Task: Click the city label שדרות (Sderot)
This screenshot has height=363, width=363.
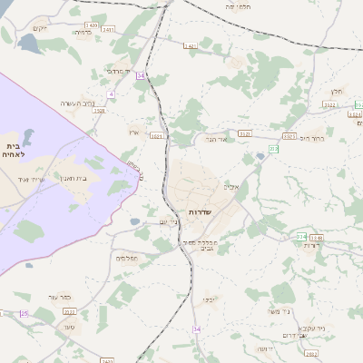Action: (200, 211)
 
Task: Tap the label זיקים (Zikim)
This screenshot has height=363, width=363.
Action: (38, 28)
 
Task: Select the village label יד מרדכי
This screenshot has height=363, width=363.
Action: (119, 71)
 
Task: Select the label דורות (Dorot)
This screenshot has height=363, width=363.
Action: (312, 245)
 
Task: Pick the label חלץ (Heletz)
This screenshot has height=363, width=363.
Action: (337, 91)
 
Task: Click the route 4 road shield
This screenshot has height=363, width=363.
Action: (112, 93)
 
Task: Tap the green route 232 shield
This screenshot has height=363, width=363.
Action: (272, 147)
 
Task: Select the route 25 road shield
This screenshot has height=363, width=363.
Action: (25, 313)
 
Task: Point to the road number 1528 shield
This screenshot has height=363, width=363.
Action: (99, 112)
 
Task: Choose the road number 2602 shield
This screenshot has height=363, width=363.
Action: (311, 354)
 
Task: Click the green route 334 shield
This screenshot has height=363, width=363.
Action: (300, 236)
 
